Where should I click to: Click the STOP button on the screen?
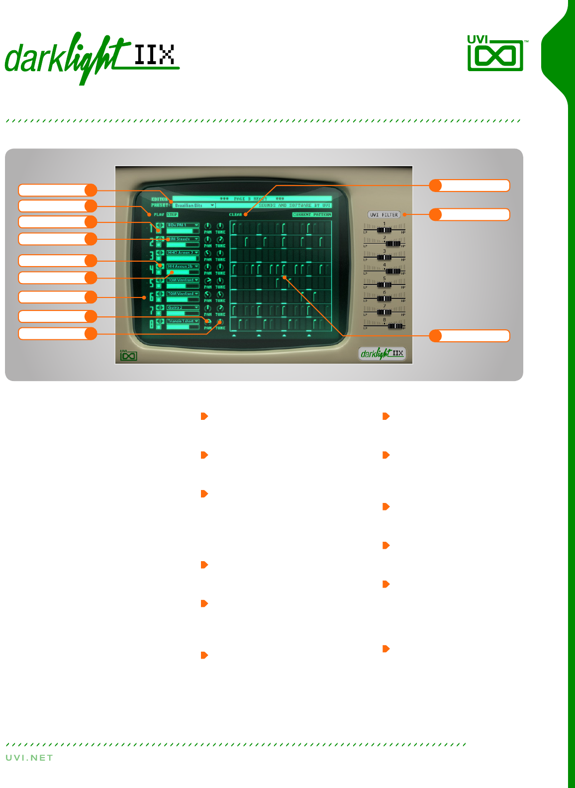(x=172, y=214)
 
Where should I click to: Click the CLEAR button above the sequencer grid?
(x=235, y=214)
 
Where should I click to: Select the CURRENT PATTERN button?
(x=312, y=214)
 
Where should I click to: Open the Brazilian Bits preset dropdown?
(x=194, y=205)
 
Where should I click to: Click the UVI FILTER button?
(x=384, y=215)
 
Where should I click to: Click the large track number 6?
(x=152, y=297)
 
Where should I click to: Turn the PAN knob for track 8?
(x=208, y=322)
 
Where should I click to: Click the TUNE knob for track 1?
(x=220, y=226)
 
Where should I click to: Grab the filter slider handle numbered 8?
(x=395, y=326)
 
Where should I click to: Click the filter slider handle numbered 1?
(x=384, y=230)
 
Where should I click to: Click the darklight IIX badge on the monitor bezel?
(x=382, y=354)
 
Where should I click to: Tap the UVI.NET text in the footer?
(x=29, y=758)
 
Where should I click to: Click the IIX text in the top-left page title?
(x=154, y=55)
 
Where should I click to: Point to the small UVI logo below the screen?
(x=128, y=355)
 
